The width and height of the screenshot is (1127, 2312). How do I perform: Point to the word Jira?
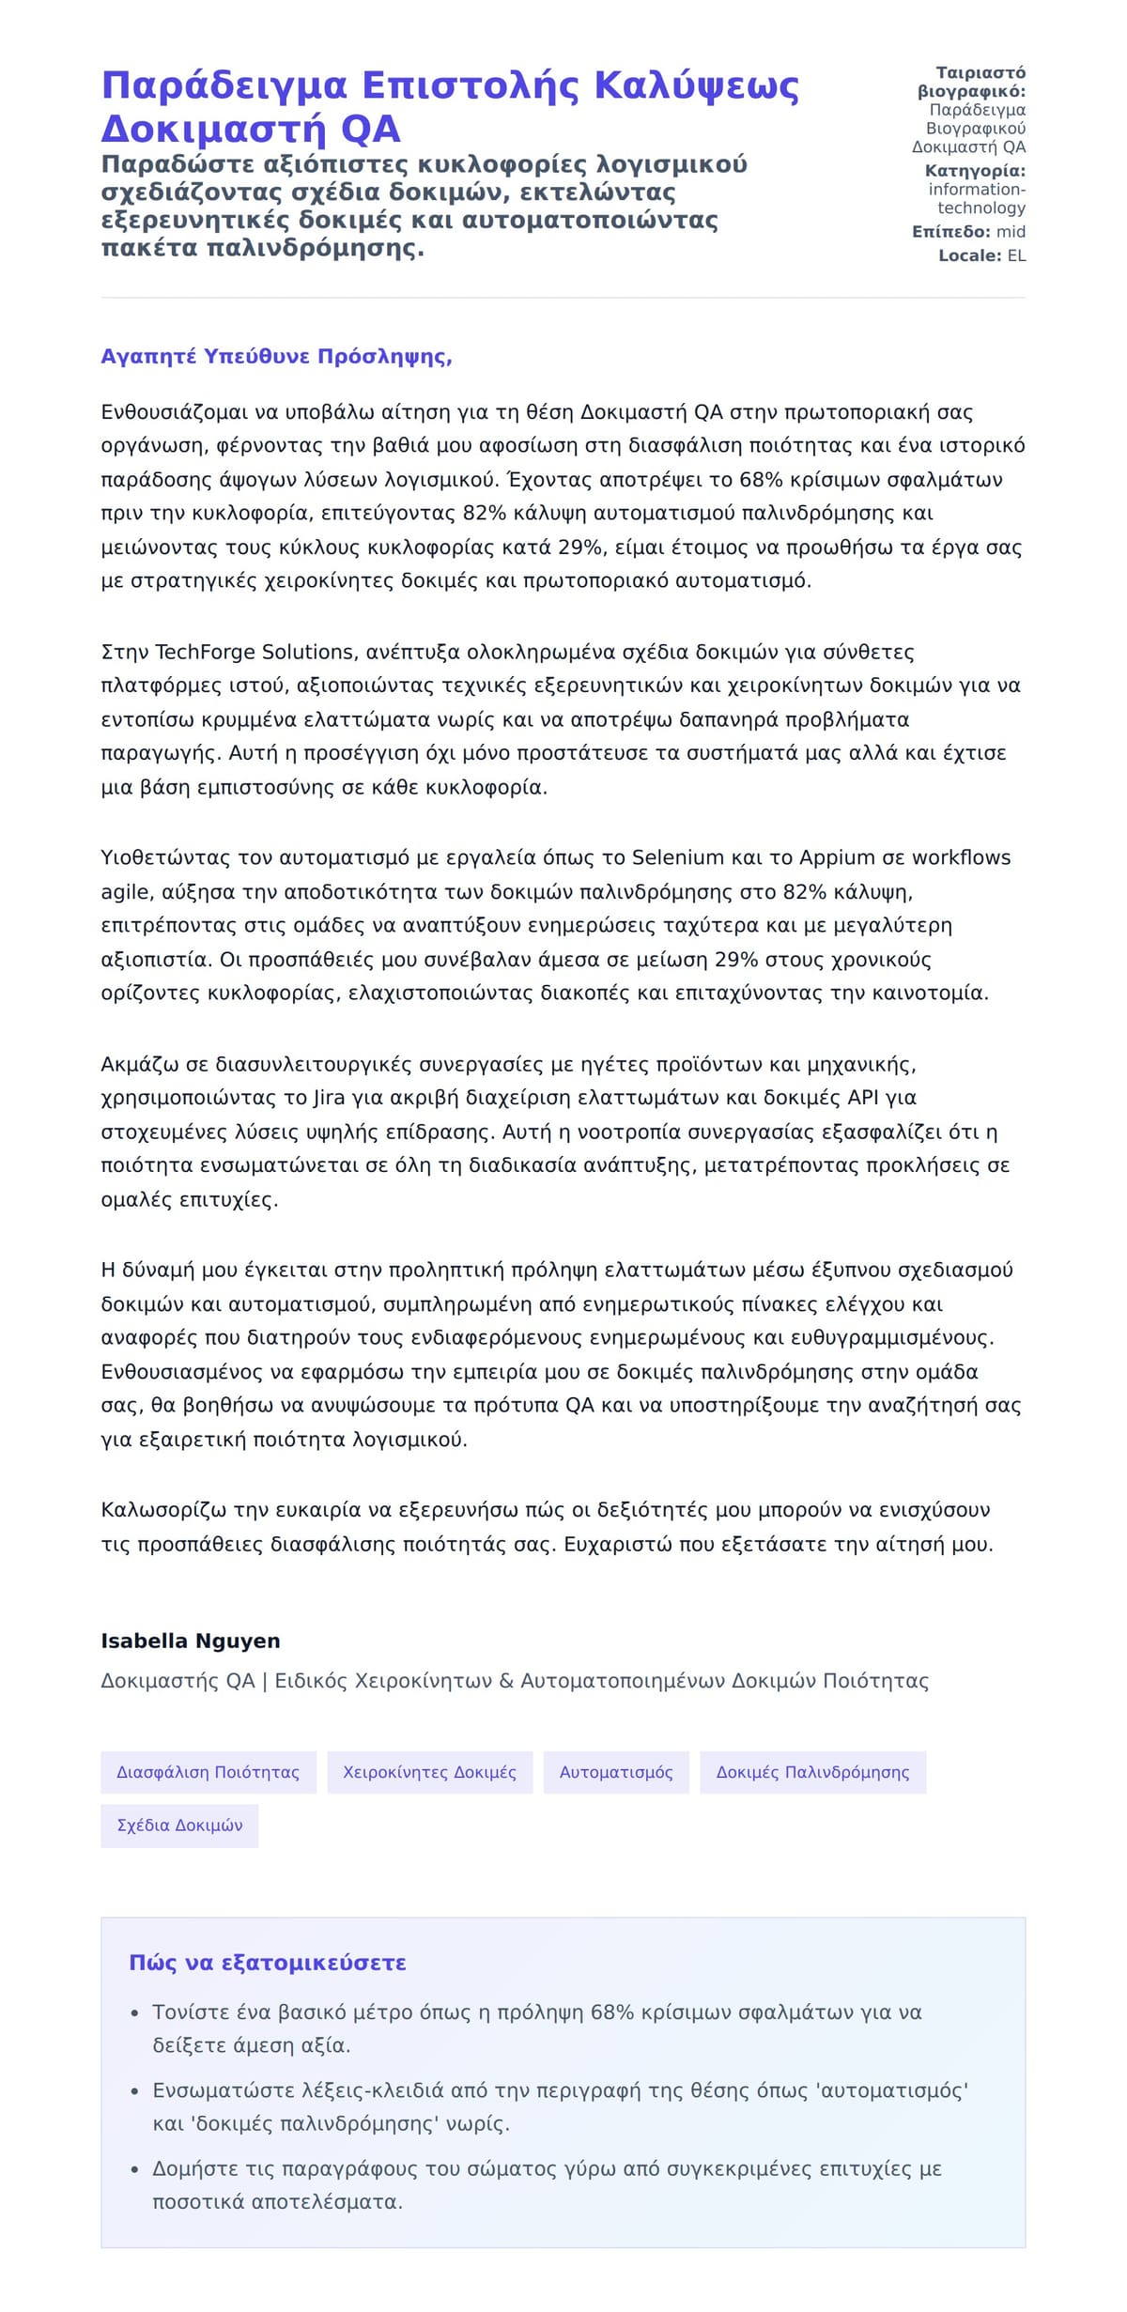tap(329, 1098)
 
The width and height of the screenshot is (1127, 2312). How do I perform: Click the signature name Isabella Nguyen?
tap(191, 1641)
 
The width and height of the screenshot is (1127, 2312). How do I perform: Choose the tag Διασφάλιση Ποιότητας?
tap(208, 1772)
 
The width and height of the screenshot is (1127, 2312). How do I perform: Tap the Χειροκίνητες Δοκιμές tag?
tap(429, 1772)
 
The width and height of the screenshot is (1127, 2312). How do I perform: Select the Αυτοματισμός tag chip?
tap(616, 1772)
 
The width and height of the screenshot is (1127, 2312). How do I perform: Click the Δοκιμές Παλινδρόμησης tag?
tap(812, 1772)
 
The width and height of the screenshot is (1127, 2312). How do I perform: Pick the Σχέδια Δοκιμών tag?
tap(179, 1826)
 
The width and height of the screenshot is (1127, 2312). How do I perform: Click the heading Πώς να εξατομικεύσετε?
tap(268, 1963)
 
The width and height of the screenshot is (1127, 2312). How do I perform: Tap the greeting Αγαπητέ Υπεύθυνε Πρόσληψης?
tap(276, 357)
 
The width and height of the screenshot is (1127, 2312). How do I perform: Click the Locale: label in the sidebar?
tap(970, 255)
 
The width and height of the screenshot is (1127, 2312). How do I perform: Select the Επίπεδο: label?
tap(950, 232)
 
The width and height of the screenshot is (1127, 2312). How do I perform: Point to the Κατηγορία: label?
tap(975, 171)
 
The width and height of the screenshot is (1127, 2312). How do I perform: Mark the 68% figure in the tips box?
tap(611, 2011)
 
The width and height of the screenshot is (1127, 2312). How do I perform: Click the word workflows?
tap(962, 857)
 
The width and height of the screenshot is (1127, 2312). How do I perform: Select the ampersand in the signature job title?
tap(506, 1681)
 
